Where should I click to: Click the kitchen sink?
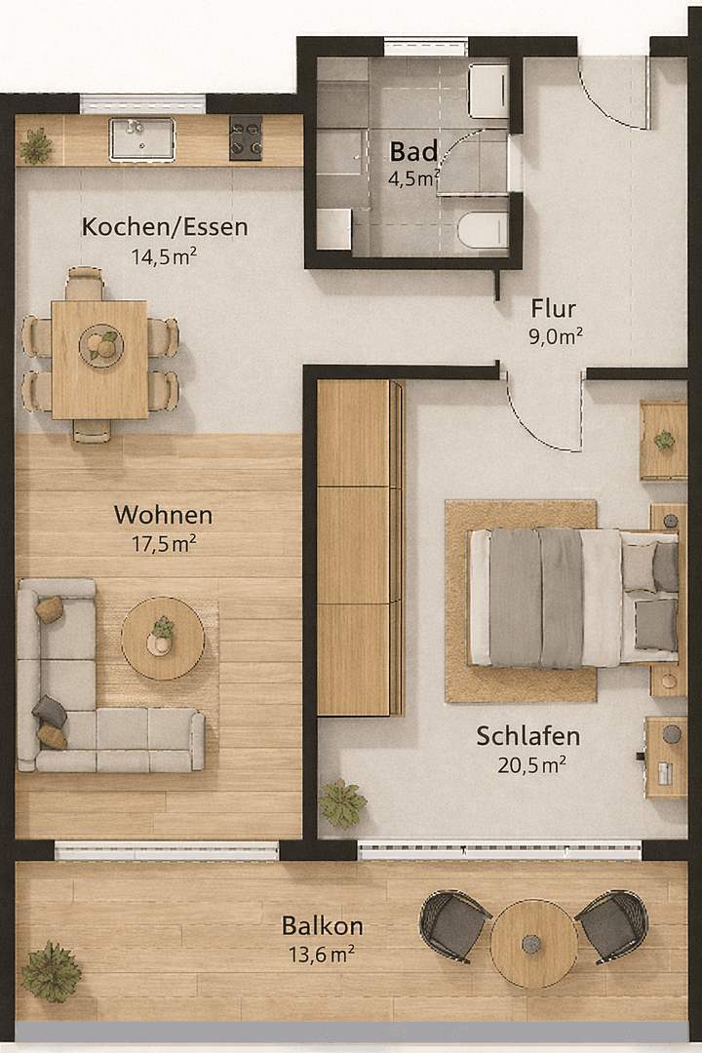[x=141, y=139]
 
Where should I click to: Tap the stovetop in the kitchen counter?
[x=246, y=137]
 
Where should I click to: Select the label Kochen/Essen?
[x=165, y=227]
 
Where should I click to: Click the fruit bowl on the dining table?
[x=100, y=345]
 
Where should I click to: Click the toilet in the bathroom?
[x=483, y=231]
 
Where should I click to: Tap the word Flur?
[x=554, y=309]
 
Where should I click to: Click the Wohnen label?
[x=163, y=515]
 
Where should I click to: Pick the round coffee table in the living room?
[x=163, y=639]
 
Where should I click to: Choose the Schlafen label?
[x=528, y=736]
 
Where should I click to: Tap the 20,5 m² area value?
[x=533, y=765]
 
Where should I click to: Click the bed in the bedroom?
[x=570, y=598]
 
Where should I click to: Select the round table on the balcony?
[x=533, y=943]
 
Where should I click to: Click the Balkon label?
[x=323, y=925]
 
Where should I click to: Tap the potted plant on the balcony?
[x=51, y=971]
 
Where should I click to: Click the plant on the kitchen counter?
[x=37, y=145]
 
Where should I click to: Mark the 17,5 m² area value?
[x=164, y=544]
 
